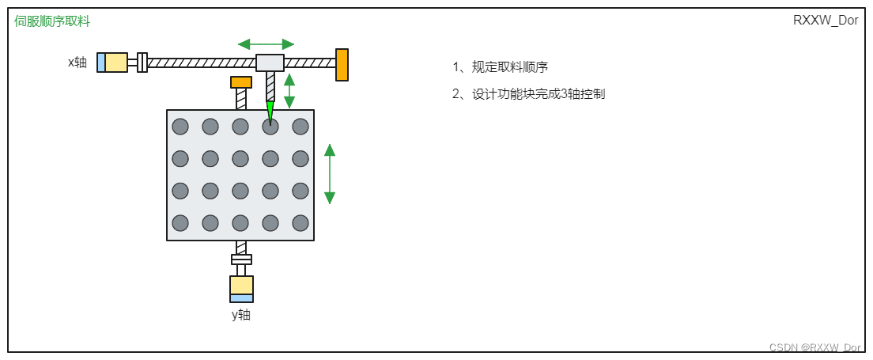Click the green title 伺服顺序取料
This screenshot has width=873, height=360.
52,21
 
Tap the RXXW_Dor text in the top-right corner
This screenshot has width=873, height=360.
826,21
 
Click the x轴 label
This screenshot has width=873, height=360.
77,62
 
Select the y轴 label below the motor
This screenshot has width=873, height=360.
241,315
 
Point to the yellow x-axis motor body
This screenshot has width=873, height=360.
116,62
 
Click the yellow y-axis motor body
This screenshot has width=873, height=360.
241,285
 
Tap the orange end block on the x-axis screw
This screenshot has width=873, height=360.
342,65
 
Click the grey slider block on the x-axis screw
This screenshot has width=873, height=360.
270,62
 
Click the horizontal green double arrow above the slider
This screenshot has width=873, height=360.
266,44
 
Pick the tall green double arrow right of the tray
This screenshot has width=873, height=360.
330,174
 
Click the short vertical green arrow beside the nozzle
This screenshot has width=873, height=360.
289,91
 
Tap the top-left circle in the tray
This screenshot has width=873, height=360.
180,127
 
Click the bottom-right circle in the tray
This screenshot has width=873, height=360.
300,223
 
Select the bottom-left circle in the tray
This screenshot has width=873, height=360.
180,223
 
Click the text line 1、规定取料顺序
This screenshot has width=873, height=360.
500,67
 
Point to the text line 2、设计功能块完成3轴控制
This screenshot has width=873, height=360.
528,94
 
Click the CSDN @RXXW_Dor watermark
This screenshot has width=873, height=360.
814,347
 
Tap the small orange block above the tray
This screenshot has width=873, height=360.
241,82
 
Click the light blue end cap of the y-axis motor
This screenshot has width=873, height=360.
241,298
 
